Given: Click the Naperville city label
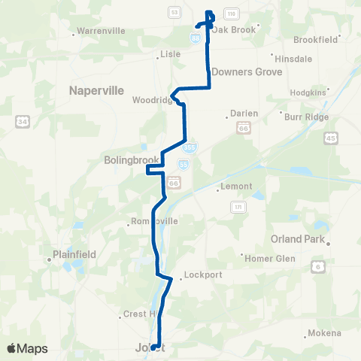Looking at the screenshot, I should coord(96,90).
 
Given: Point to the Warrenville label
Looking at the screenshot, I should coord(101,32).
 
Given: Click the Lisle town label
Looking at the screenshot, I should coord(171,54).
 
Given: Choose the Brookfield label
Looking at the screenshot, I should coord(317,38).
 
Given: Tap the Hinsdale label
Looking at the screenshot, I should coord(294,58).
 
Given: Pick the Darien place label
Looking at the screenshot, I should coord(243,114).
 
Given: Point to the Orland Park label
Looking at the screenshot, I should coord(296,240).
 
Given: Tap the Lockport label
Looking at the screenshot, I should coord(202,275).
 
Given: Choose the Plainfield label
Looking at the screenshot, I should coord(74,254).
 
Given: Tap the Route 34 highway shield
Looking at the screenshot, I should coord(22,121).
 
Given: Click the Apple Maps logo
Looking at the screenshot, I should coord(28,348).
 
